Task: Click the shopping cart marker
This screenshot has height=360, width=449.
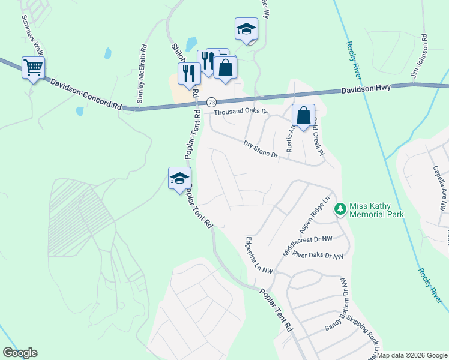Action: pyautogui.click(x=33, y=67)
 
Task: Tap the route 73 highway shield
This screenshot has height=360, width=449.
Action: pyautogui.click(x=211, y=103)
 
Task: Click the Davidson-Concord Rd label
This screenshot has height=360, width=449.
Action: pyautogui.click(x=86, y=94)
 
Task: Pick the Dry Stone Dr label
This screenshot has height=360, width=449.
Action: pyautogui.click(x=261, y=149)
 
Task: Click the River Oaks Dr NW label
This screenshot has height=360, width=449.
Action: pyautogui.click(x=318, y=256)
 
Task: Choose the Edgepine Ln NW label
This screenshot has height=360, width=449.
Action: pyautogui.click(x=259, y=255)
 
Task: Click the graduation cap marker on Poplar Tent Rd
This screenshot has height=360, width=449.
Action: pyautogui.click(x=179, y=178)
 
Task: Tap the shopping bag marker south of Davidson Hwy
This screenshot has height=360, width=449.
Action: pyautogui.click(x=304, y=115)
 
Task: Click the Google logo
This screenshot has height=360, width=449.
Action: pyautogui.click(x=20, y=353)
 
